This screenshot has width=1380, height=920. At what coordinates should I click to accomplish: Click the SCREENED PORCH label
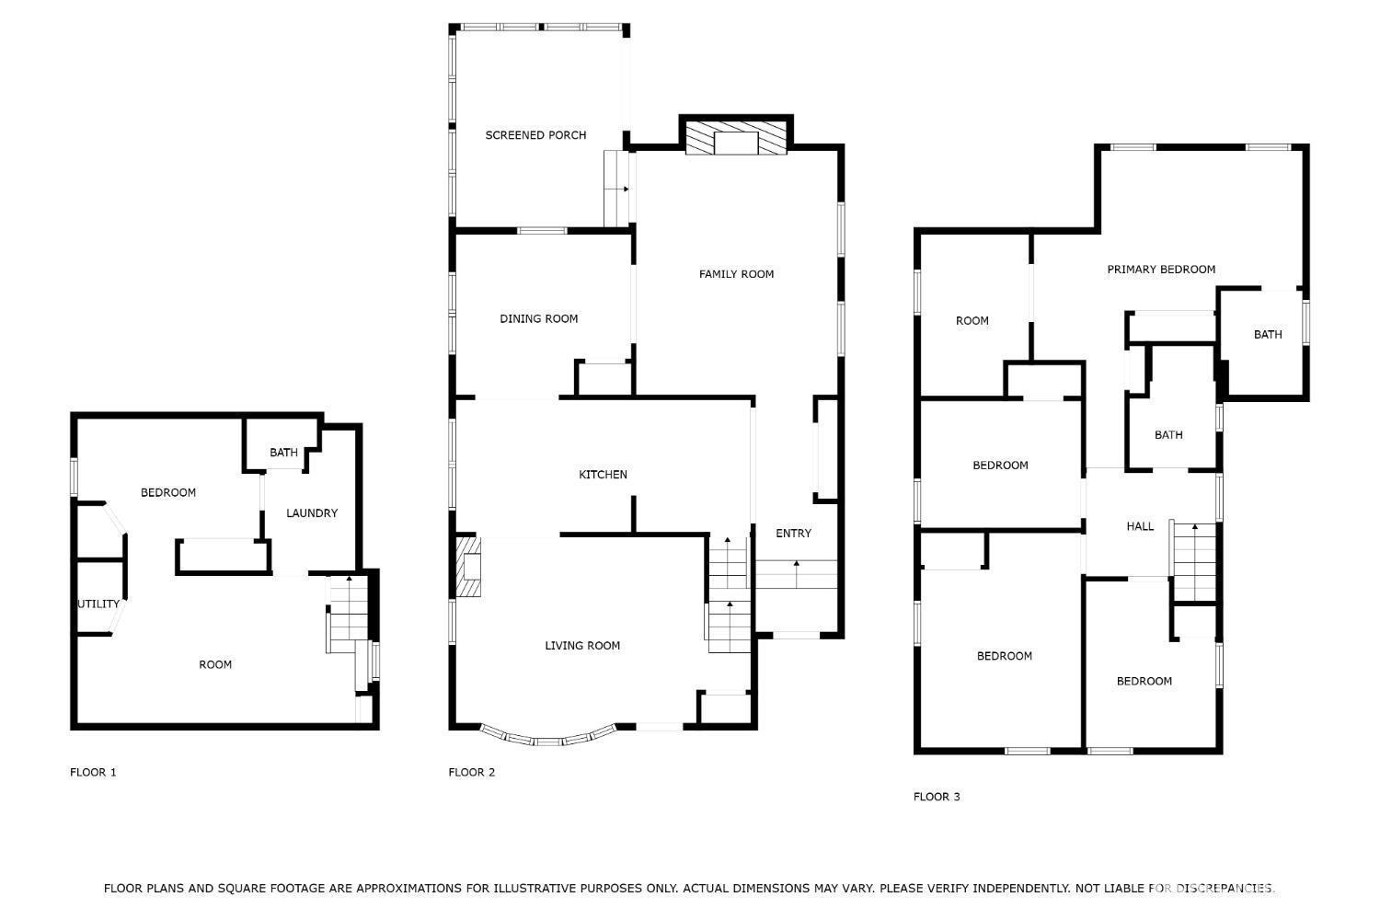click(x=535, y=135)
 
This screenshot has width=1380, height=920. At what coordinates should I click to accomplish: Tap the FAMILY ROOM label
click(x=736, y=274)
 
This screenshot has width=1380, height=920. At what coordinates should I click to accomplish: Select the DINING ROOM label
click(x=538, y=318)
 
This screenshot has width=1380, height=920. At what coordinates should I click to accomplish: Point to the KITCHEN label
click(x=603, y=475)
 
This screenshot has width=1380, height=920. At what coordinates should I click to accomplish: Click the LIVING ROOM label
click(x=582, y=646)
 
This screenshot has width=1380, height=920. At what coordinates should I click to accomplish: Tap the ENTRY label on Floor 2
click(x=793, y=534)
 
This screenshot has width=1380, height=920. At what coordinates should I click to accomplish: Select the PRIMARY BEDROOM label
click(x=1161, y=270)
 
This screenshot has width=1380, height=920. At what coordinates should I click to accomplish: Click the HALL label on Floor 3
click(x=1140, y=526)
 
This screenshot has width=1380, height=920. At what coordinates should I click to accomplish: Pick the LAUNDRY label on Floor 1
click(x=312, y=513)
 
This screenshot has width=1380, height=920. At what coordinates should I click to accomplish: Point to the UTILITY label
click(x=98, y=604)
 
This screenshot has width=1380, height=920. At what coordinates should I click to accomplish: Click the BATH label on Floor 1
click(x=283, y=453)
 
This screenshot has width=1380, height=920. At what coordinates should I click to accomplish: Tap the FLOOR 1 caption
click(x=93, y=772)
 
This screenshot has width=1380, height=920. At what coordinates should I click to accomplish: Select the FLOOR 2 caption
click(x=471, y=772)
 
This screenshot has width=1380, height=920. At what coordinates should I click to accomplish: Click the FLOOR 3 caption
click(x=937, y=797)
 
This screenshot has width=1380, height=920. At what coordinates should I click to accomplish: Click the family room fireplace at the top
click(x=736, y=137)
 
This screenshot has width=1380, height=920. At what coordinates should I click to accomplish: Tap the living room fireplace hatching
click(x=468, y=567)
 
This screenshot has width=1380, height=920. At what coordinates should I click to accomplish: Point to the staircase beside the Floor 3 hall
click(x=1194, y=562)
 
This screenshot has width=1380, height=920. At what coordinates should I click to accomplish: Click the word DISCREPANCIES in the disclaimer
click(x=1225, y=888)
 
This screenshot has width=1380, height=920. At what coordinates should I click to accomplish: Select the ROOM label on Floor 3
click(x=972, y=321)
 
